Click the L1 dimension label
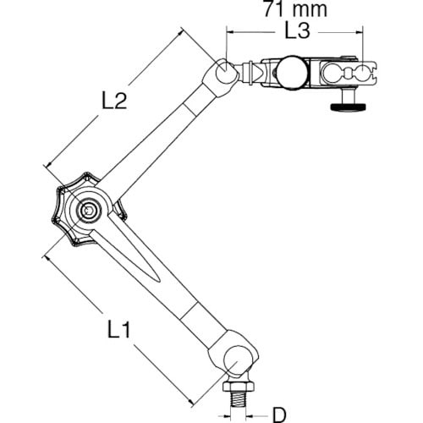pyautogui.click(x=119, y=329)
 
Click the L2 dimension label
pyautogui.click(x=114, y=101)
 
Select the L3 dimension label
pyautogui.click(x=297, y=30)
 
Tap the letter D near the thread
pyautogui.click(x=279, y=415)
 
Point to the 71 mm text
pyautogui.click(x=295, y=8)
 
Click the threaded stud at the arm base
pyautogui.click(x=239, y=399)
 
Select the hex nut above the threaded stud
pyautogui.click(x=239, y=386)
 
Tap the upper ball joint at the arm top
pyautogui.click(x=226, y=71)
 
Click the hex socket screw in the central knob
pyautogui.click(x=88, y=210)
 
